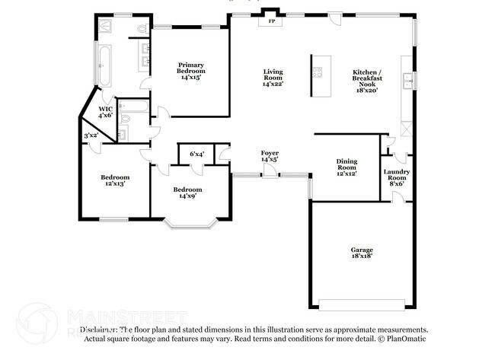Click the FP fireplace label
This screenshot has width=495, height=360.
tap(271, 21)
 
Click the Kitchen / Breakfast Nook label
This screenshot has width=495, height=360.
tap(367, 81)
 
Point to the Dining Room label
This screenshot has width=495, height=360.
tap(346, 167)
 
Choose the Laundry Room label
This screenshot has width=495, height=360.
tap(396, 176)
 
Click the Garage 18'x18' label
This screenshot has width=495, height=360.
tap(362, 253)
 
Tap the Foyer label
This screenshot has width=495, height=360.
tap(270, 157)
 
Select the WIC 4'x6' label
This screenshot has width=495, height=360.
tap(105, 113)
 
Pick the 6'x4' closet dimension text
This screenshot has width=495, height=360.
tap(196, 154)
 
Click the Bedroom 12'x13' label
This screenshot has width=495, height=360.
tap(113, 180)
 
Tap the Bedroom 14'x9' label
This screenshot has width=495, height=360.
tap(187, 193)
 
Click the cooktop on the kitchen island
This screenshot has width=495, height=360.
tap(316, 74)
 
